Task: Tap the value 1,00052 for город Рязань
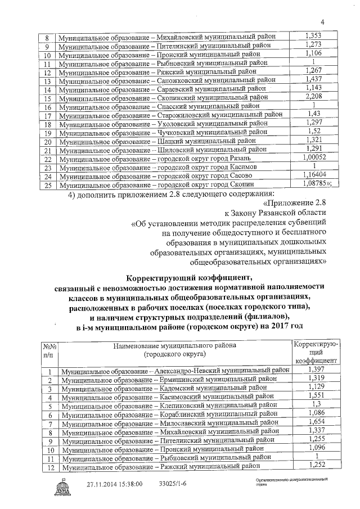[313, 157]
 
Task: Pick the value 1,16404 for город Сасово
[313, 175]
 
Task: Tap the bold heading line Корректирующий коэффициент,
[186, 277]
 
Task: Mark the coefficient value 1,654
[316, 422]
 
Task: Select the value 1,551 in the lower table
[316, 395]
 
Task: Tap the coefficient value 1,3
[316, 404]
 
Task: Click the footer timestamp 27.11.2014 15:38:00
[115, 484]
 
